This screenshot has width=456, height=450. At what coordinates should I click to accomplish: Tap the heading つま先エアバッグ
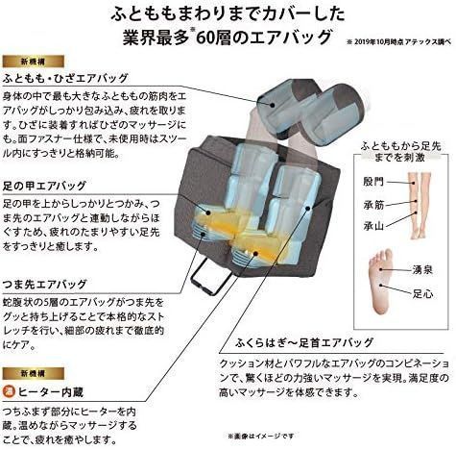coord(46,285)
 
